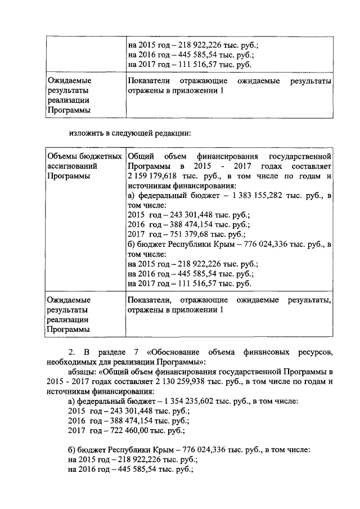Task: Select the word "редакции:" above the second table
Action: click(x=174, y=134)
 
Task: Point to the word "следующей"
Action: click(x=133, y=134)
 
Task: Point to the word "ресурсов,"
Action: click(x=315, y=353)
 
